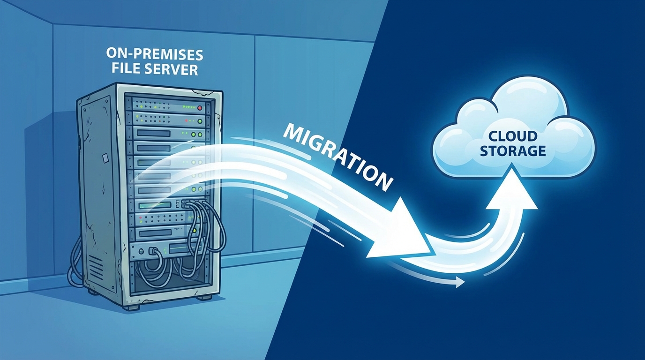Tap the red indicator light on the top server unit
click(201, 108)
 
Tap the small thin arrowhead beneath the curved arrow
click(460, 282)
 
